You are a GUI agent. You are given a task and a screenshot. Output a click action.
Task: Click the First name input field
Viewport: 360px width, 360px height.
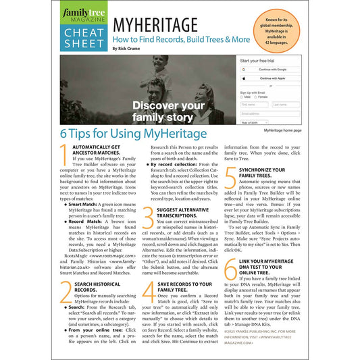click(x=253, y=105)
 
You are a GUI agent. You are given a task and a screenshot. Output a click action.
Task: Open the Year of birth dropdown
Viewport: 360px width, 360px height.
click(x=254, y=122)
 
